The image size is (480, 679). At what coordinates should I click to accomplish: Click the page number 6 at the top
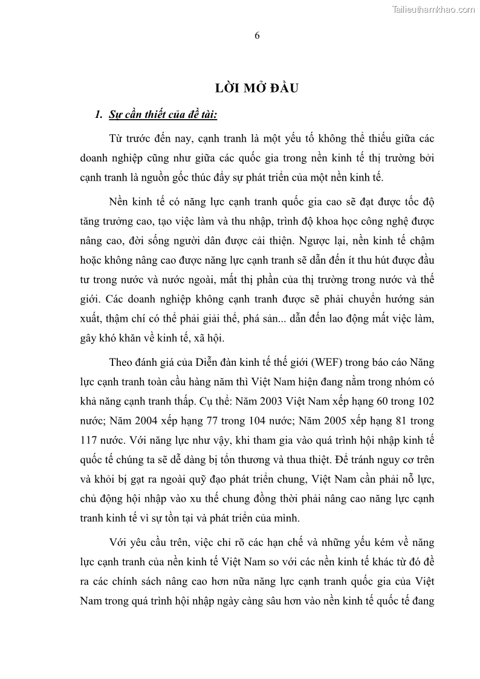pos(257,35)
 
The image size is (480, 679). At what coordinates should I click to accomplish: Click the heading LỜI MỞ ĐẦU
pos(258,88)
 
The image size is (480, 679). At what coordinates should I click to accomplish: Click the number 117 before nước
pos(89,440)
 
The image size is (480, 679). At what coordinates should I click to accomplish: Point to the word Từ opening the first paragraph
pos(116,138)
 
